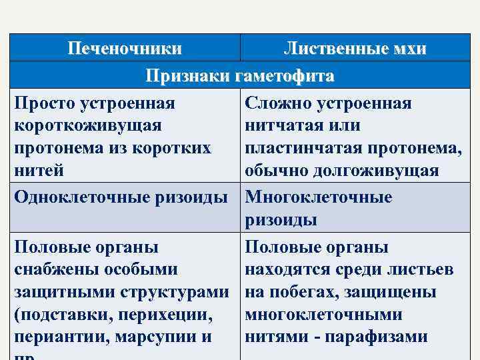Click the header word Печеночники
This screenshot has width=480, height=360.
click(125, 49)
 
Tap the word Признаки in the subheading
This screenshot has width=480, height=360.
click(189, 76)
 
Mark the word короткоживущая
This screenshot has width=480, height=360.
click(87, 126)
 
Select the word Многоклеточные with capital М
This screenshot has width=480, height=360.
click(319, 197)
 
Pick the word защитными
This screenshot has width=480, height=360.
click(59, 293)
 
